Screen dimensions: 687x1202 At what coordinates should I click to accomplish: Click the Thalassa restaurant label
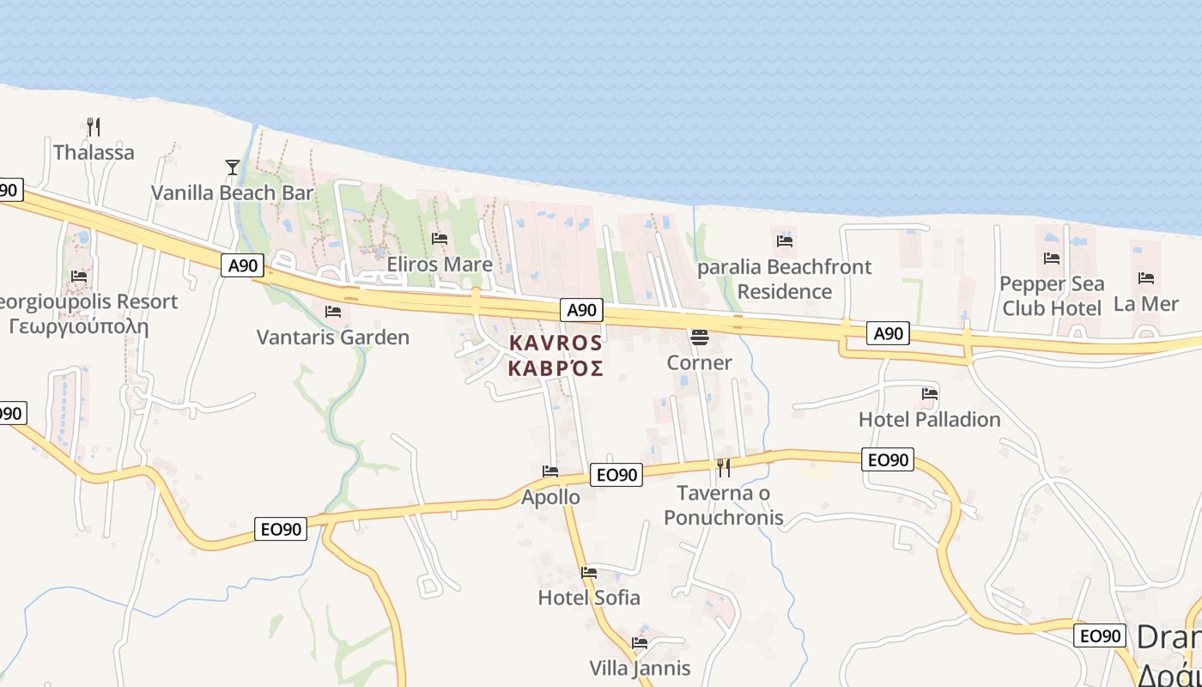coord(94,153)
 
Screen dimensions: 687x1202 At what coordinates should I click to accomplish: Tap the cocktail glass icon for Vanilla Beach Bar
coord(232,167)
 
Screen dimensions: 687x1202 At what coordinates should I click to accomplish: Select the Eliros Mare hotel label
coord(440,264)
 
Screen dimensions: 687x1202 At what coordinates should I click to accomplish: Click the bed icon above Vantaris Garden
coord(333,312)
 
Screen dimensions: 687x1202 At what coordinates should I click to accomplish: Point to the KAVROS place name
coord(555,343)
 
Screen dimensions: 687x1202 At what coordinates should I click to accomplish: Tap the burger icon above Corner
coord(700,337)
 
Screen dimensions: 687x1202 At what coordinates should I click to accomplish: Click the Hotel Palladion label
coord(930,419)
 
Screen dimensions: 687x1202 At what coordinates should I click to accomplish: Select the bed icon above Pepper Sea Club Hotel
coord(1052,258)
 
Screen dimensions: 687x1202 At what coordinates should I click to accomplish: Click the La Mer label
coord(1145,304)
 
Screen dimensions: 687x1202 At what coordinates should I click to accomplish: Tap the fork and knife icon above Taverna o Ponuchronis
coord(724,467)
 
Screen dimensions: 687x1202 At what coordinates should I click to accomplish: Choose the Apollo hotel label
coord(550,497)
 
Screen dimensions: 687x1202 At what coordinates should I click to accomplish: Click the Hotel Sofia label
coord(589,597)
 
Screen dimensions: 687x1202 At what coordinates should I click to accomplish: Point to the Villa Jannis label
coord(640,668)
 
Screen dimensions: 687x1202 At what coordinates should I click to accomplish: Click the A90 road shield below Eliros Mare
coord(582,310)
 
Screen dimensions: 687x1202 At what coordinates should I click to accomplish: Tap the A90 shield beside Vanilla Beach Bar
coord(242,265)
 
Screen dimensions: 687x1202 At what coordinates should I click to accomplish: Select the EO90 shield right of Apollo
coord(616,475)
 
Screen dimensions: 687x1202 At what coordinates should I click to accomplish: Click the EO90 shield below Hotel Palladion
coord(888,459)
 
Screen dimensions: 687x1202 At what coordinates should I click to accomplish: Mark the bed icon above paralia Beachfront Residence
coord(785,240)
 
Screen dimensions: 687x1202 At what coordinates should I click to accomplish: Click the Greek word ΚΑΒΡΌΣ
coord(555,368)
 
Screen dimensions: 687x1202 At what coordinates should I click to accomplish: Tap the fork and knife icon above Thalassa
coord(94,127)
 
